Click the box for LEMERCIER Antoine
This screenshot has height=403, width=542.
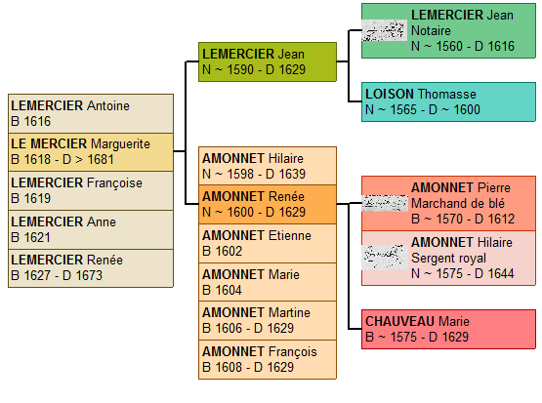91,114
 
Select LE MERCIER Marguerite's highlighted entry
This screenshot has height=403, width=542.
91,151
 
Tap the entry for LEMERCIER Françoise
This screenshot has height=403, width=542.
91,190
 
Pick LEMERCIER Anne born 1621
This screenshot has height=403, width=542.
91,229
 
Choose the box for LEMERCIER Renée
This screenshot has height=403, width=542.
91,268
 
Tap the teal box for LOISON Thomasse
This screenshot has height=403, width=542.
448,101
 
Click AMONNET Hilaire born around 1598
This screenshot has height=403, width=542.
267,166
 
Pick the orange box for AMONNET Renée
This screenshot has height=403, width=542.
267,204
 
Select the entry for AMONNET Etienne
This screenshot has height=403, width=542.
267,243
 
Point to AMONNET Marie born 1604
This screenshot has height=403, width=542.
267,282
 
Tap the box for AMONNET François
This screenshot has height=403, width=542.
267,359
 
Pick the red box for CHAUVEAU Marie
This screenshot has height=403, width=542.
448,329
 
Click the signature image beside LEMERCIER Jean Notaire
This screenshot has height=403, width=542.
384,31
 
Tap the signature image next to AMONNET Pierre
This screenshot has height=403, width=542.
384,203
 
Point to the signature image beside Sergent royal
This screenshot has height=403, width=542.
384,257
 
